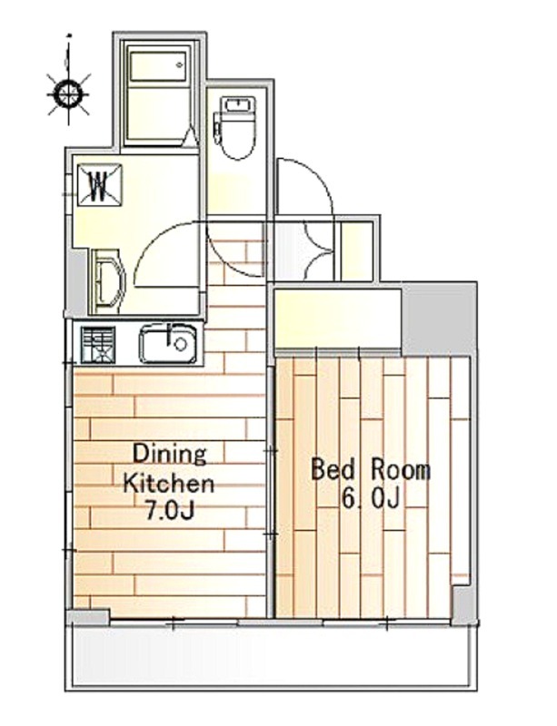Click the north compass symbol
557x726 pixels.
click(x=69, y=93)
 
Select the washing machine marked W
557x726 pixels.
click(x=100, y=186)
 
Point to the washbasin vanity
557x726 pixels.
click(x=107, y=281)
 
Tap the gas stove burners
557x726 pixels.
click(x=98, y=345)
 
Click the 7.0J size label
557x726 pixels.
click(x=169, y=511)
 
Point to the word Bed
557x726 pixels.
click(x=333, y=469)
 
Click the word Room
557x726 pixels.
click(x=400, y=470)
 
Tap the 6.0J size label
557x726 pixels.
click(x=370, y=498)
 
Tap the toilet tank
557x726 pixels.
click(x=238, y=104)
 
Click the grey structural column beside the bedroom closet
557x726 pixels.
click(x=439, y=319)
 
